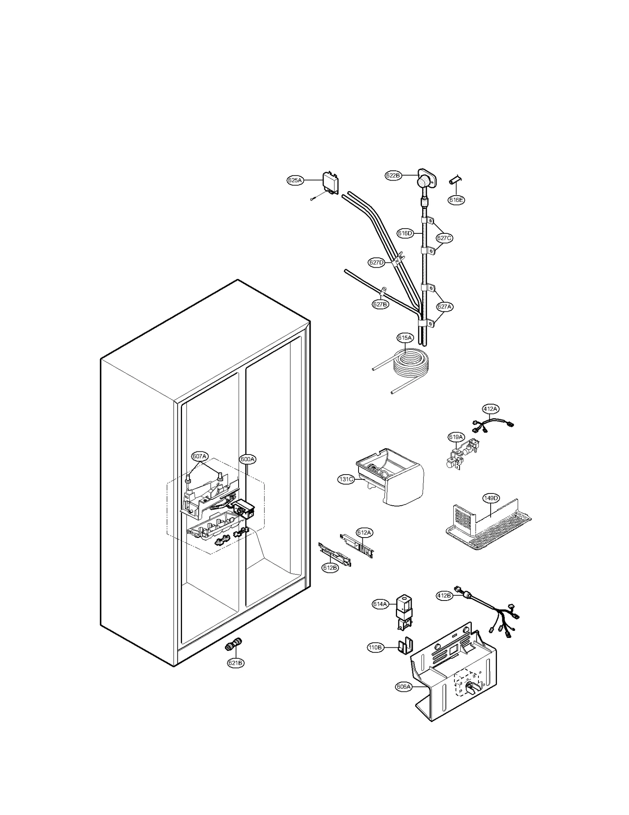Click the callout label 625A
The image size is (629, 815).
[x=295, y=181]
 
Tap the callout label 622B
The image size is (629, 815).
[x=393, y=176]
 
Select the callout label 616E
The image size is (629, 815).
[x=456, y=200]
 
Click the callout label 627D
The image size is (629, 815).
[x=376, y=262]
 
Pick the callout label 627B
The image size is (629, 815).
[x=380, y=304]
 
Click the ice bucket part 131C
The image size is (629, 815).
[x=391, y=476]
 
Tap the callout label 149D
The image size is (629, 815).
[x=491, y=498]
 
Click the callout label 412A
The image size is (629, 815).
[x=490, y=409]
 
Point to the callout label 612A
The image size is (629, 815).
[x=364, y=532]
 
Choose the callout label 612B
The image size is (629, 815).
[x=330, y=567]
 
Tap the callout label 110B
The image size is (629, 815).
[x=375, y=647]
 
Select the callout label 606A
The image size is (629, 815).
[x=403, y=687]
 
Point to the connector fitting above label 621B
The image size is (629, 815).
[x=233, y=646]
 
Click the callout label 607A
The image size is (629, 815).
[x=199, y=456]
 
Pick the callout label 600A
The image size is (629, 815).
[x=248, y=459]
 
